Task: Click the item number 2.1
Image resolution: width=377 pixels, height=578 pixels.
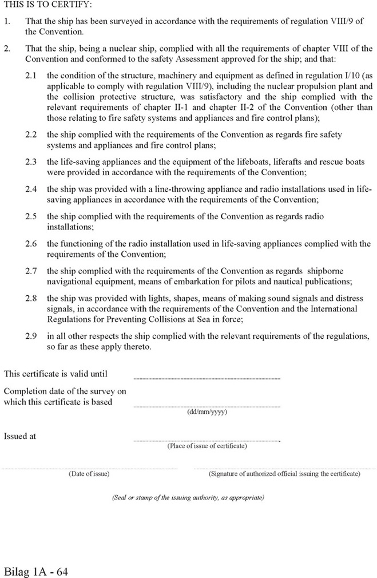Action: coord(32,75)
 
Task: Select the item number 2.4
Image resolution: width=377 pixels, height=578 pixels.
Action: coord(32,189)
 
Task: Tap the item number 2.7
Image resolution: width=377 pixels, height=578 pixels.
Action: coord(32,271)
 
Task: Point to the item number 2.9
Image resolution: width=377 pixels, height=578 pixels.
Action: coord(32,336)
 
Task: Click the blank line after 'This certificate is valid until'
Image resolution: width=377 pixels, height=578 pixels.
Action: coord(207,378)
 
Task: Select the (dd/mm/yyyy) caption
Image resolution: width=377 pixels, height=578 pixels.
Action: coord(207,411)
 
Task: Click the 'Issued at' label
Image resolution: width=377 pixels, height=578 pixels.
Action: coord(20,436)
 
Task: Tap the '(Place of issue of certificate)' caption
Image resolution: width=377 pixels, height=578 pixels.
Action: coord(207,446)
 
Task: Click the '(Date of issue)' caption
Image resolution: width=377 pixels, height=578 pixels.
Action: coord(89,474)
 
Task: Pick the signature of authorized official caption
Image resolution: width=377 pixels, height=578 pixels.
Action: coord(284,474)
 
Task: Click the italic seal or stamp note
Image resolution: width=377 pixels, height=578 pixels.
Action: coord(188,498)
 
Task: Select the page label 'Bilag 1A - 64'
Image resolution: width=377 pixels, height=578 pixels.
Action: coord(37,572)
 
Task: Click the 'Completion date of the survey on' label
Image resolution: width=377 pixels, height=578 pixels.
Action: coord(65,391)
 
